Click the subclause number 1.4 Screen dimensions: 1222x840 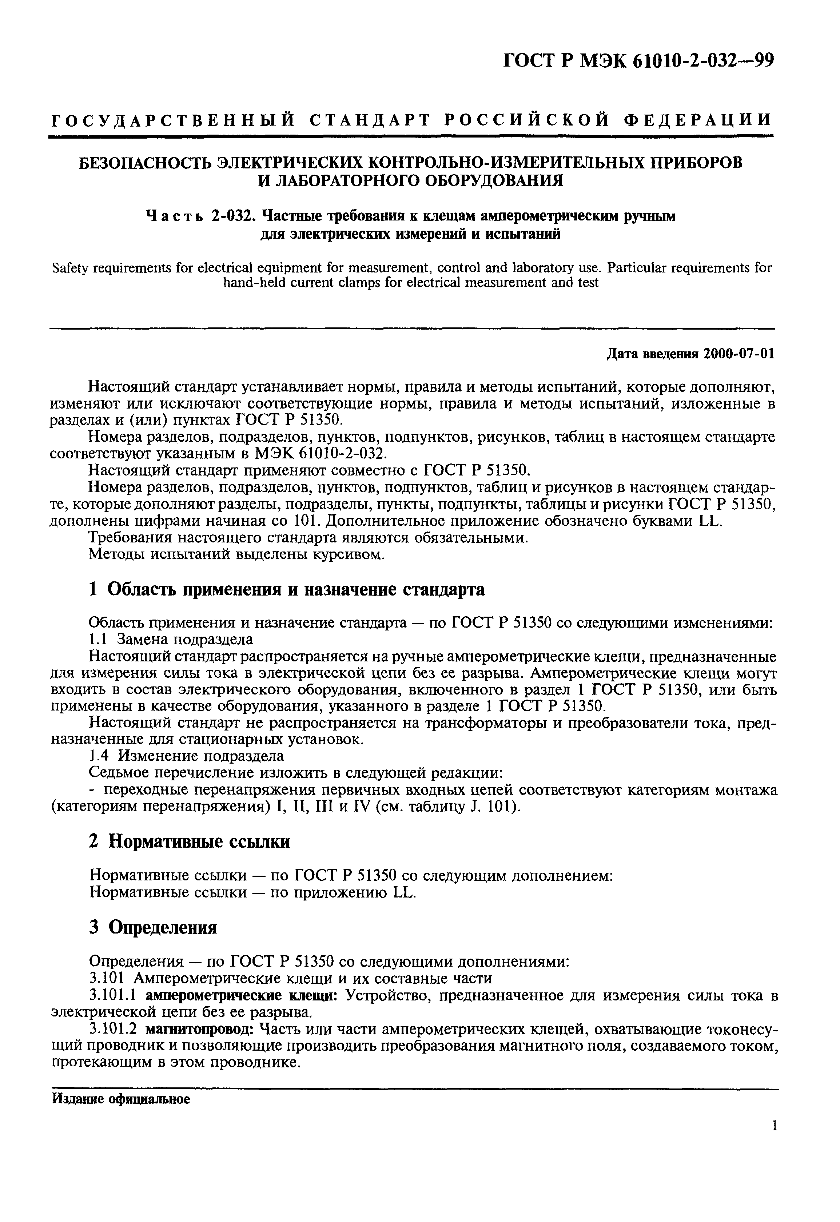point(99,756)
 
